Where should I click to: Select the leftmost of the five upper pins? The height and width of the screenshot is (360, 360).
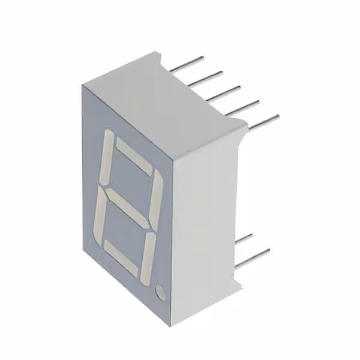(187, 64)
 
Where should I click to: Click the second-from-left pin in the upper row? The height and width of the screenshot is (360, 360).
(208, 76)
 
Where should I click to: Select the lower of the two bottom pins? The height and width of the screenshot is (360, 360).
(252, 257)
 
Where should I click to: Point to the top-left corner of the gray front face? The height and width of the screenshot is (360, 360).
(83, 85)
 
